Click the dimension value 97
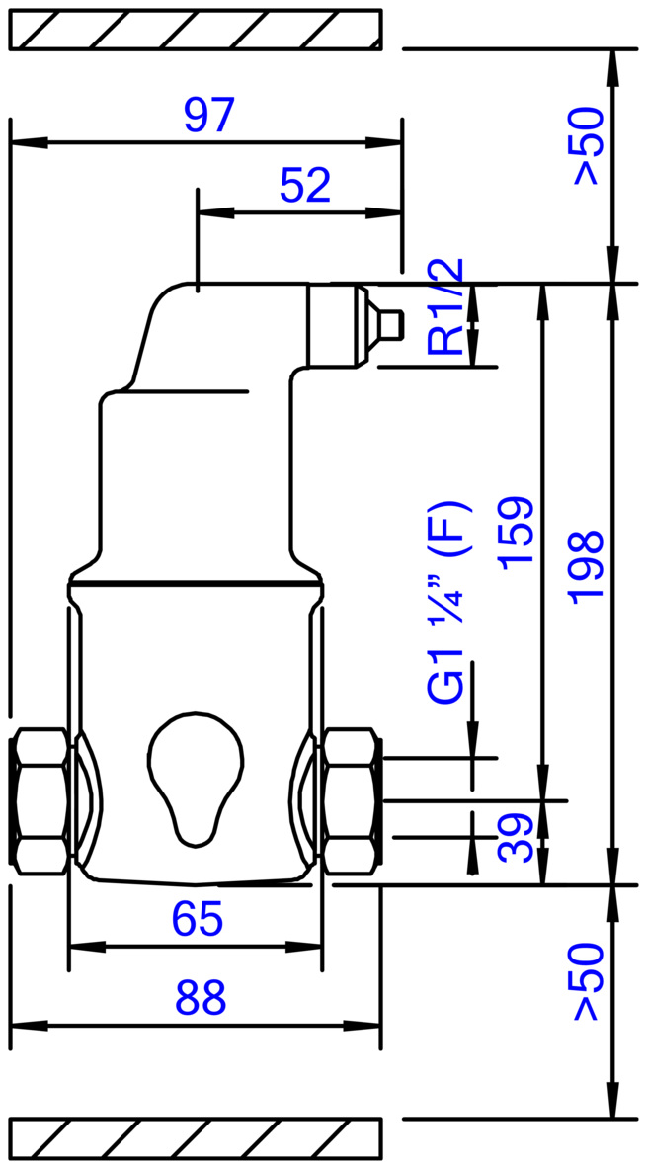(209, 116)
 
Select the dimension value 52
(304, 185)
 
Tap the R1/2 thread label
(445, 306)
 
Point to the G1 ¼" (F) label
(448, 603)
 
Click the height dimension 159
(517, 534)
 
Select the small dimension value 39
(517, 837)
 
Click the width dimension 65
(198, 920)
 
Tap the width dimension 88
(201, 998)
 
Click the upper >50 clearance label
(585, 145)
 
